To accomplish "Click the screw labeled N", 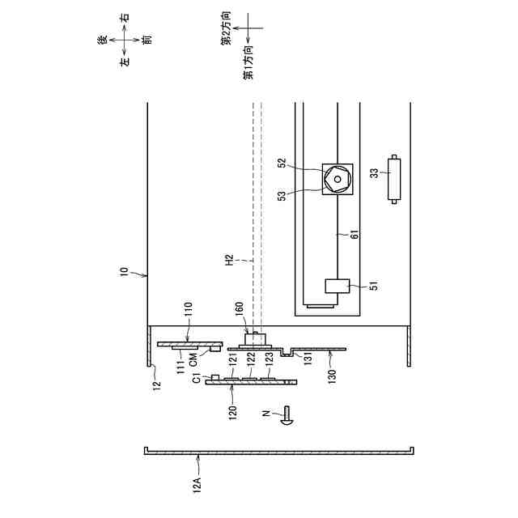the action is pyautogui.click(x=287, y=415).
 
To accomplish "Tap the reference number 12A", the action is pyautogui.click(x=197, y=483).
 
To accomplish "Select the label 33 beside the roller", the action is pyautogui.click(x=375, y=173).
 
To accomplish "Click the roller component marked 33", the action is pyautogui.click(x=394, y=179).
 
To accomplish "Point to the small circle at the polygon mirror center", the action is pyautogui.click(x=338, y=179).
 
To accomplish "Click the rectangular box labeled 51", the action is pyautogui.click(x=338, y=286).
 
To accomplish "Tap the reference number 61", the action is pyautogui.click(x=355, y=234).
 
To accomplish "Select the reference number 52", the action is pyautogui.click(x=282, y=163).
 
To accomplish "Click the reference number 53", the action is pyautogui.click(x=282, y=196).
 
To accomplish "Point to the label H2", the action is pyautogui.click(x=229, y=260).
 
